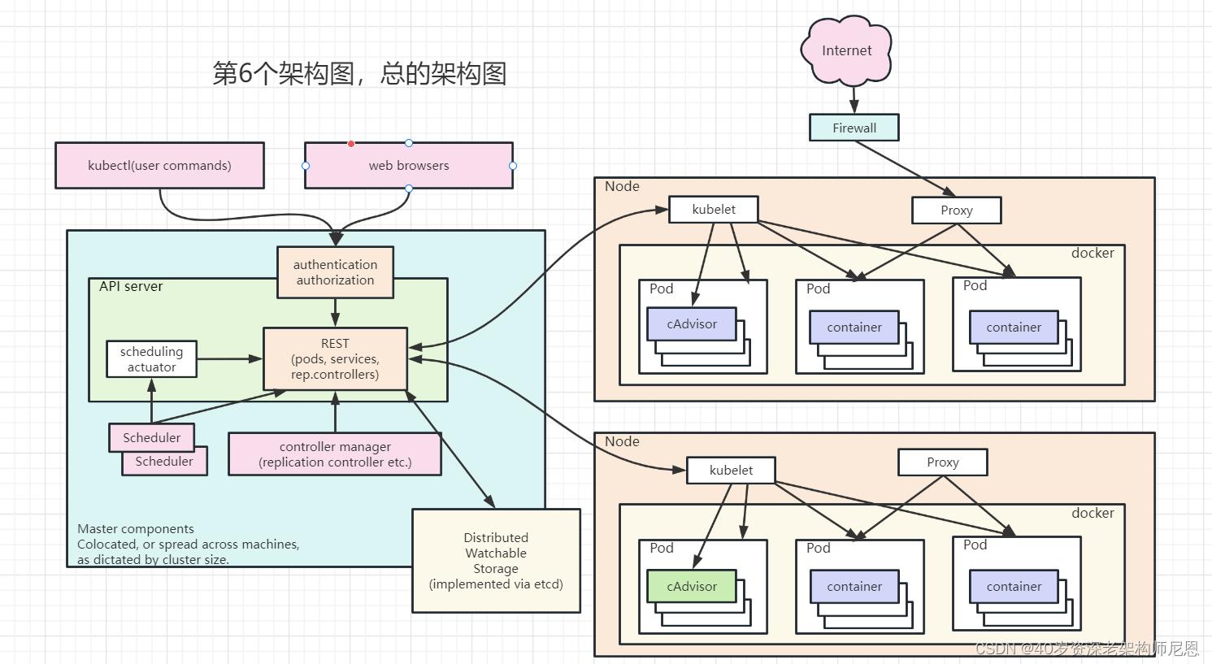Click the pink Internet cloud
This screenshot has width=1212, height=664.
846,50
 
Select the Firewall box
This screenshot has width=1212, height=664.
854,128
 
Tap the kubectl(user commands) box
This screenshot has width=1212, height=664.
159,166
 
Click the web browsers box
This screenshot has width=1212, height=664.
408,166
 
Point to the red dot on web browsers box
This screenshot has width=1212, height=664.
351,144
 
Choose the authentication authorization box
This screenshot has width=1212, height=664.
335,272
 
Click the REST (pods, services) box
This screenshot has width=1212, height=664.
335,358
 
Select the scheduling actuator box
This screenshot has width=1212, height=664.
151,359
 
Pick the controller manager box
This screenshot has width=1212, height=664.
335,454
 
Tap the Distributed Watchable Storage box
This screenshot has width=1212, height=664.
496,560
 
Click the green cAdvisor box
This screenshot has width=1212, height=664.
692,586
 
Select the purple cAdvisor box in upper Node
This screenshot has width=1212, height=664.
692,323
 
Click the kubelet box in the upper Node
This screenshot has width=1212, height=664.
714,210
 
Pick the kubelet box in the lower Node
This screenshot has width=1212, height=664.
731,470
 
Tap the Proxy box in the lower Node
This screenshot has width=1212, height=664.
942,462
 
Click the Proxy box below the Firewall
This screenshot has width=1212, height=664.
956,210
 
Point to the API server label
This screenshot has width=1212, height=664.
131,287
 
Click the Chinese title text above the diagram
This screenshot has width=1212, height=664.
359,74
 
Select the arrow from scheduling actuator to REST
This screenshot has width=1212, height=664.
229,358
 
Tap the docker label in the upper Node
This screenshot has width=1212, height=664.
1092,253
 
